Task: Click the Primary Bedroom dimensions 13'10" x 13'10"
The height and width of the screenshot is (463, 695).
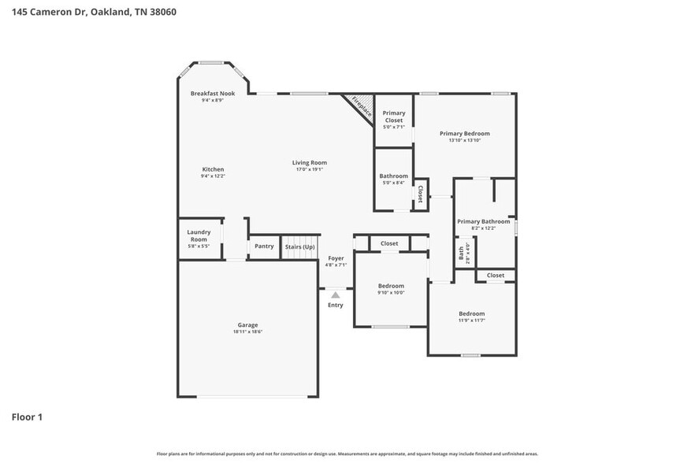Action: (x=464, y=140)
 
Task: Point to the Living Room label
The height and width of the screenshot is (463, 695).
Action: (x=309, y=162)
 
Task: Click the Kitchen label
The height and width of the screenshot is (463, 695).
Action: (x=213, y=169)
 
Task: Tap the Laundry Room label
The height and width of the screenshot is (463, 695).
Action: (x=198, y=235)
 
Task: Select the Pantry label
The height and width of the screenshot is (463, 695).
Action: (x=264, y=246)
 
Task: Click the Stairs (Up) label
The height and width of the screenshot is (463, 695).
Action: (x=299, y=246)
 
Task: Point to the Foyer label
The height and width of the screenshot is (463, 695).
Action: (x=336, y=258)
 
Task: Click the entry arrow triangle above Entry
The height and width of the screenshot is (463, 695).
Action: (x=336, y=294)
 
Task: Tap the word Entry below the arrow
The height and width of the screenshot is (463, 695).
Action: (x=336, y=305)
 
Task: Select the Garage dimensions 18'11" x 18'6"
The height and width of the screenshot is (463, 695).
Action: (x=248, y=332)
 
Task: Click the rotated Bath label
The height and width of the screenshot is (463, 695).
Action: (x=462, y=254)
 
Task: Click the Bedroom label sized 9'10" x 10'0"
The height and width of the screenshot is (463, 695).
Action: (x=391, y=286)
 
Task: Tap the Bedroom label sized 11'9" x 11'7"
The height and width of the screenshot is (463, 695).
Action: (x=472, y=313)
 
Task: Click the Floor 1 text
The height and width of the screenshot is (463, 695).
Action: (x=27, y=417)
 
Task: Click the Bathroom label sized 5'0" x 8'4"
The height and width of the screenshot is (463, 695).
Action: (x=393, y=176)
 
